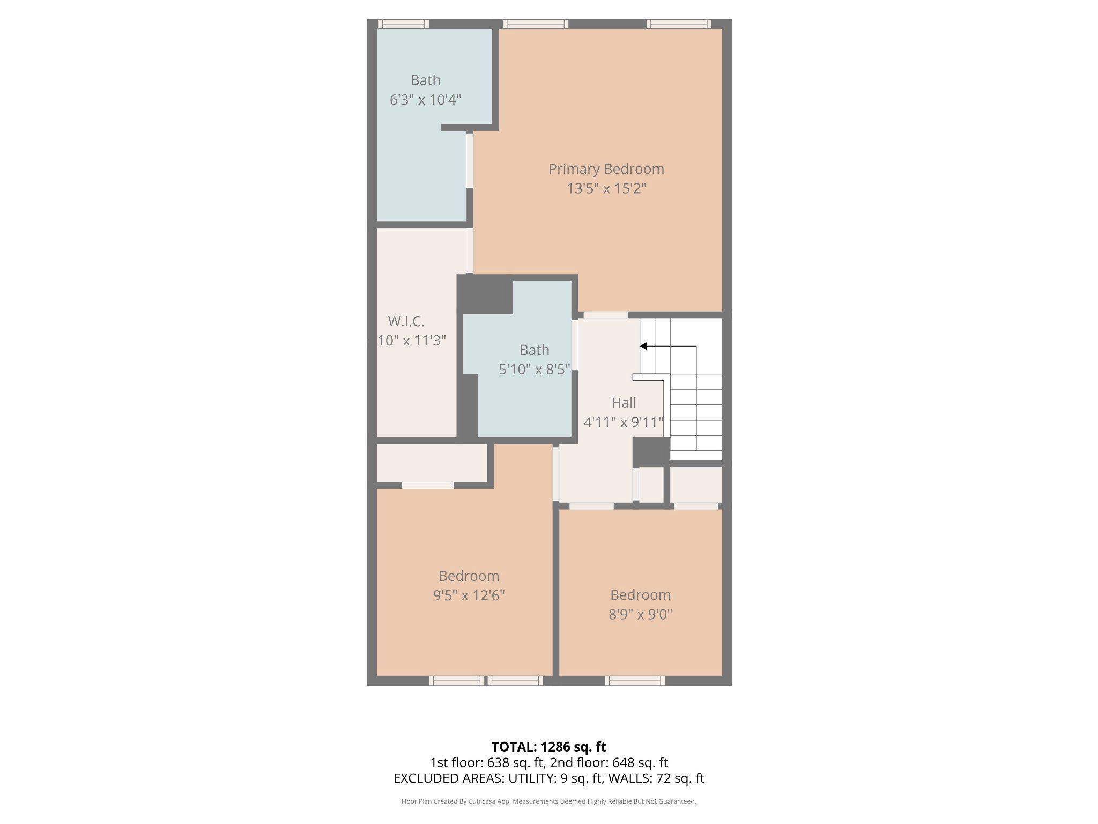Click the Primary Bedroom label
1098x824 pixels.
[x=606, y=169]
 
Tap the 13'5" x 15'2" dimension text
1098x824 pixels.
[x=606, y=189]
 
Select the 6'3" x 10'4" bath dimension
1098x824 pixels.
[x=425, y=100]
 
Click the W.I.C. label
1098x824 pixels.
[x=406, y=321]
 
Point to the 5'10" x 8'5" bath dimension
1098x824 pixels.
[x=534, y=370]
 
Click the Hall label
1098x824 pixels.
[x=624, y=402]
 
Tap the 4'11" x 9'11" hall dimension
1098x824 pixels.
[x=624, y=422]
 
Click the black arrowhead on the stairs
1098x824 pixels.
[x=644, y=346]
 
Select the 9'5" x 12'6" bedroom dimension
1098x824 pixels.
[x=469, y=595]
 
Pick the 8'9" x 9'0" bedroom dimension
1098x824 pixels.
[x=640, y=614]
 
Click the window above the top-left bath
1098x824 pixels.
[x=403, y=24]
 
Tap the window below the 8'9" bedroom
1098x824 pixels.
[x=635, y=681]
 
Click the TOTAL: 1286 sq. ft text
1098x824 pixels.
[x=548, y=747]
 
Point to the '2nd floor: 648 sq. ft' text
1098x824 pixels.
[x=609, y=762]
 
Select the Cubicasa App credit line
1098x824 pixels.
[x=548, y=801]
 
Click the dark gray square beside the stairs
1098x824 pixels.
[x=651, y=452]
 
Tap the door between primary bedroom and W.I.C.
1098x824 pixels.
[x=470, y=251]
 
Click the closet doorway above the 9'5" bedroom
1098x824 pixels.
[x=427, y=485]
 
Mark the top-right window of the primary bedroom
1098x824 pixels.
[x=679, y=24]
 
